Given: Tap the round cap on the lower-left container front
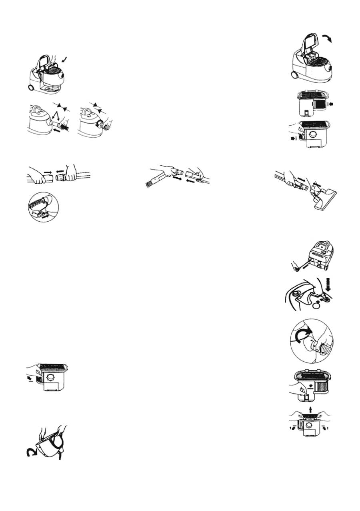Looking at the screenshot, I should tap(51, 378).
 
